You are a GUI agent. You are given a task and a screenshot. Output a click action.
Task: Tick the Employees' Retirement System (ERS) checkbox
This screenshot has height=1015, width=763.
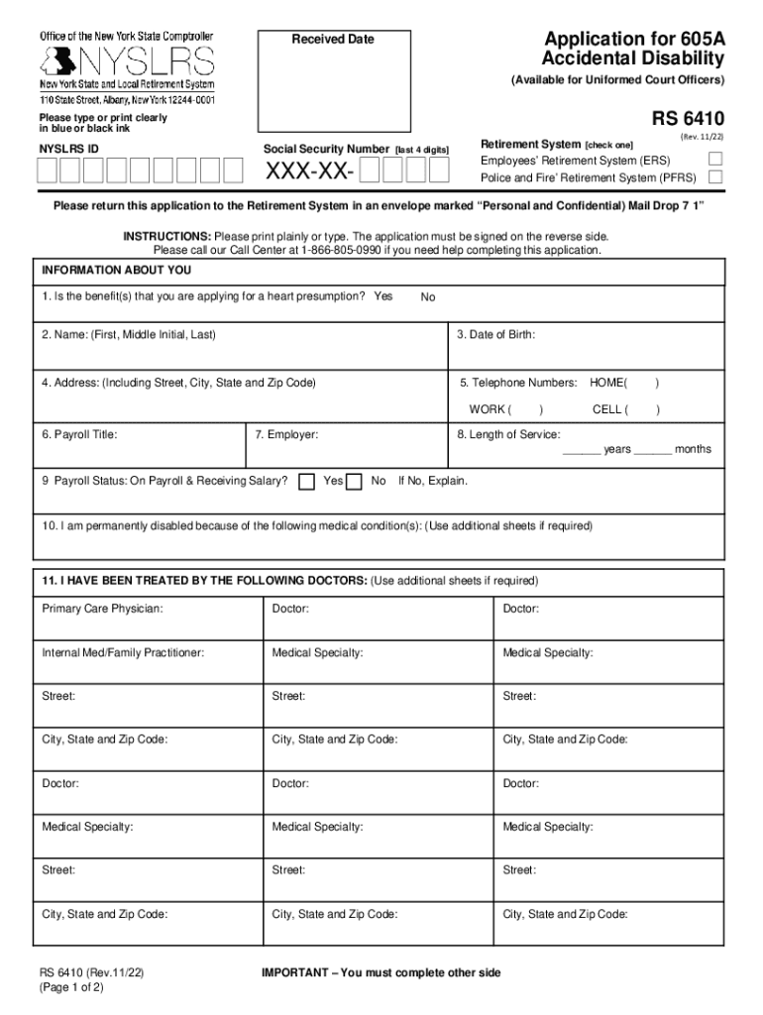(x=715, y=160)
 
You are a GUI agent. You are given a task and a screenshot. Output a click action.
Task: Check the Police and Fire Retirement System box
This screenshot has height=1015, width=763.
(x=715, y=177)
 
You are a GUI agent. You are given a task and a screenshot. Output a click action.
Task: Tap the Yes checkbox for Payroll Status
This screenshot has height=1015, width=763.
(x=306, y=481)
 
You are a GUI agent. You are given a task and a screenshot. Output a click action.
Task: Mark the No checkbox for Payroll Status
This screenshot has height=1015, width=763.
(x=354, y=481)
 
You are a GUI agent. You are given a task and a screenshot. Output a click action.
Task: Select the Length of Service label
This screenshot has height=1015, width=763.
(x=508, y=434)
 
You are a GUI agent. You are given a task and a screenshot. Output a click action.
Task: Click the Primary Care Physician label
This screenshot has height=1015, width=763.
(x=102, y=608)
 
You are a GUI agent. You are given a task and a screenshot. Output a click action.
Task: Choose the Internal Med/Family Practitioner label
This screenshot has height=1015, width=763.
(x=123, y=652)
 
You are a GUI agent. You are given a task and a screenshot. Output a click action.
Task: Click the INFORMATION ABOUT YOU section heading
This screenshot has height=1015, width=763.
(x=117, y=271)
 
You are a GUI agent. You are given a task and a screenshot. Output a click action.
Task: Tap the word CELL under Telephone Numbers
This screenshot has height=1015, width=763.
(x=607, y=409)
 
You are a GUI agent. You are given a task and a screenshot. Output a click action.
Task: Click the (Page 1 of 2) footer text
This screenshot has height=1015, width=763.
(x=71, y=987)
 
